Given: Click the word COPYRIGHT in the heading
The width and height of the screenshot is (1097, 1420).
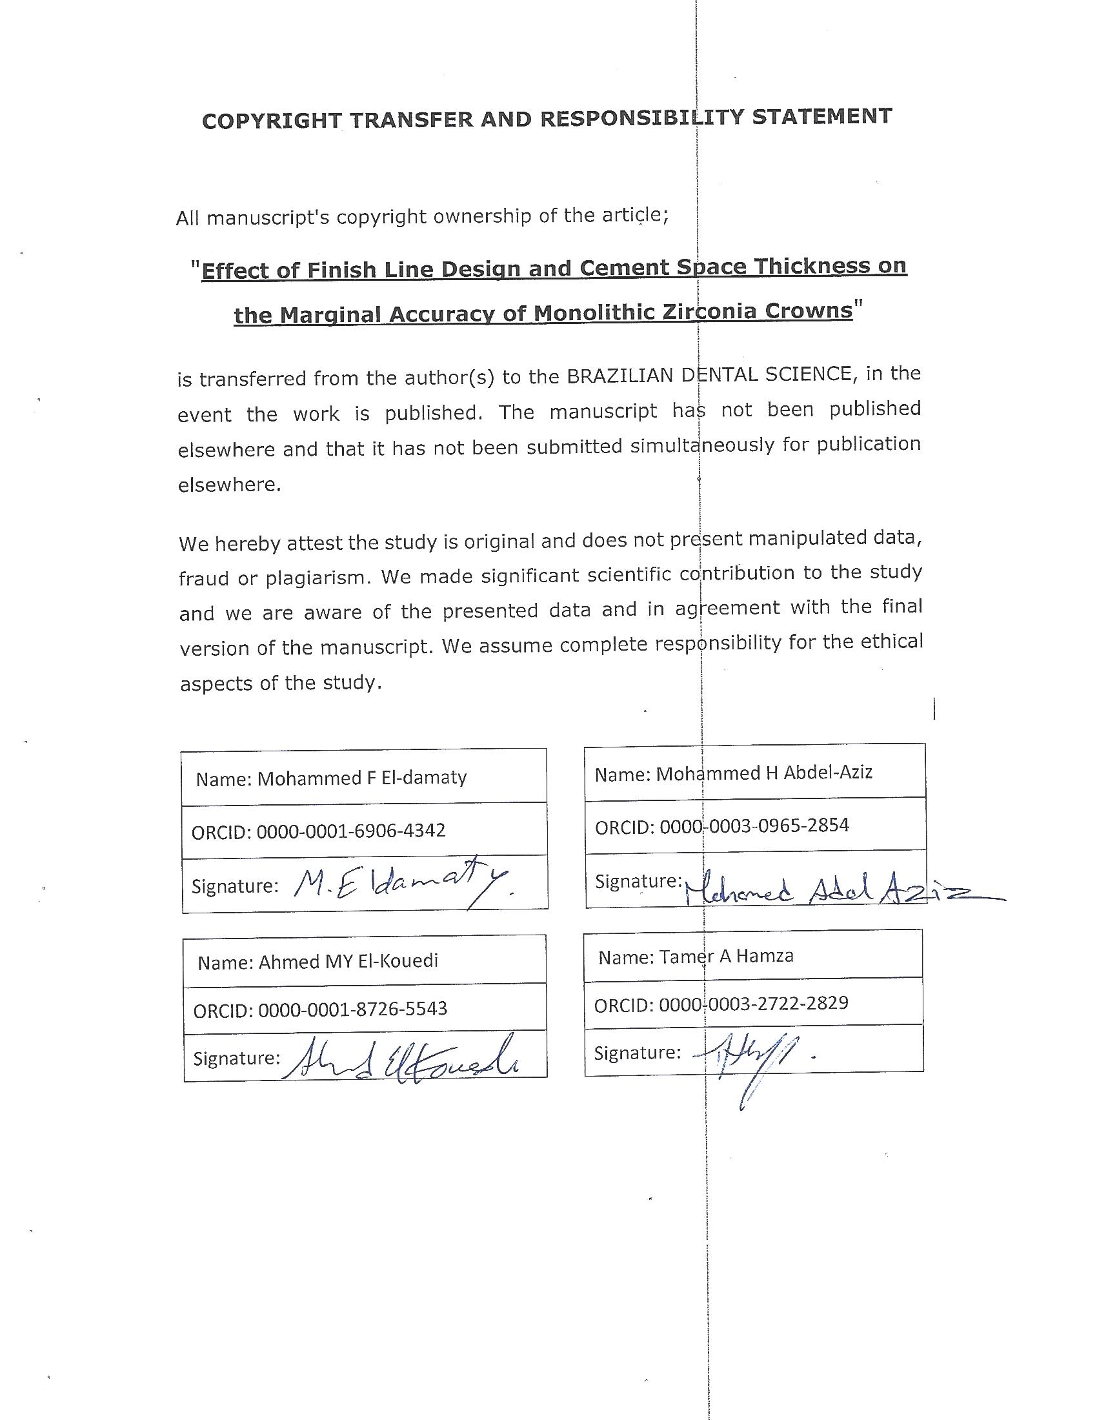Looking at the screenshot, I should pyautogui.click(x=272, y=120).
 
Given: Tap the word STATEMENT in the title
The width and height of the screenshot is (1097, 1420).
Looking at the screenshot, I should pyautogui.click(x=821, y=116).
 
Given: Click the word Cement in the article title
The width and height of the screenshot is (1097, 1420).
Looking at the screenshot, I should pyautogui.click(x=624, y=267).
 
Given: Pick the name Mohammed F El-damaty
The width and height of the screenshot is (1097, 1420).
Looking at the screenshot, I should pyautogui.click(x=362, y=778).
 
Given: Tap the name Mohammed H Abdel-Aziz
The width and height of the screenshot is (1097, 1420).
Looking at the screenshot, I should pyautogui.click(x=763, y=773).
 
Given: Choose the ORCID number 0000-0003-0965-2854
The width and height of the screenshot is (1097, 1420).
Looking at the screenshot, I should pyautogui.click(x=754, y=826).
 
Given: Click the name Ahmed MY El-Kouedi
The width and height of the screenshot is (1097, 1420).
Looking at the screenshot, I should pyautogui.click(x=348, y=961).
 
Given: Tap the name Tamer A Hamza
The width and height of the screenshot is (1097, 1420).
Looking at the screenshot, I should pyautogui.click(x=726, y=957).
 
